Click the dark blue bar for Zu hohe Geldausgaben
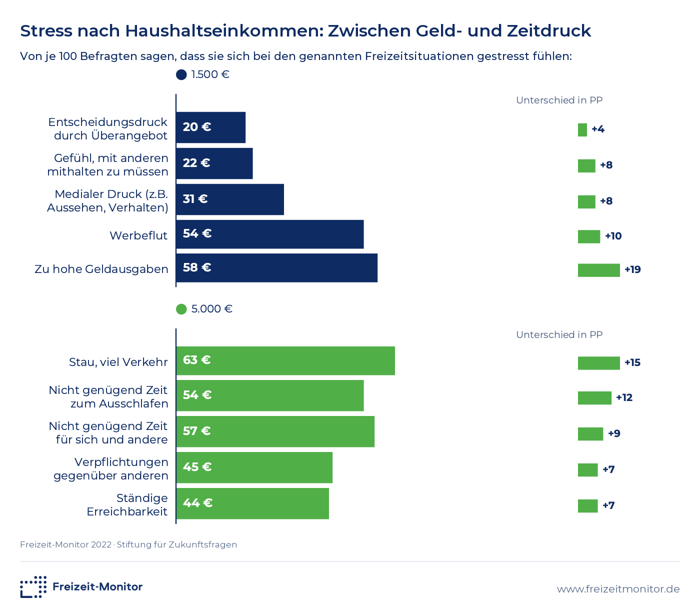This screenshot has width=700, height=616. pyautogui.click(x=276, y=268)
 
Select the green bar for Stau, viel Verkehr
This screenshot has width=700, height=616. pyautogui.click(x=285, y=360)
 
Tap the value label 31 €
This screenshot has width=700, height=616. pyautogui.click(x=195, y=199)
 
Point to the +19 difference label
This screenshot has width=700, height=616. pyautogui.click(x=632, y=269)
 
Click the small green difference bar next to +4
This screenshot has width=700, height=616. pyautogui.click(x=582, y=130)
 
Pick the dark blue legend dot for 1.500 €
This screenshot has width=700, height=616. pyautogui.click(x=181, y=74)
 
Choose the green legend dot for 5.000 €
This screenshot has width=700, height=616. pyautogui.click(x=181, y=309)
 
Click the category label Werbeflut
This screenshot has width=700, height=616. pyautogui.click(x=138, y=235)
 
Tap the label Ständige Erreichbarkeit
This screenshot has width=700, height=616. pyautogui.click(x=127, y=505)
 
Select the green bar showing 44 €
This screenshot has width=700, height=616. pyautogui.click(x=252, y=503)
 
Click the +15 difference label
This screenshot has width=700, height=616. pyautogui.click(x=632, y=363)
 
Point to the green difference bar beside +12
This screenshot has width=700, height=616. pyautogui.click(x=594, y=398)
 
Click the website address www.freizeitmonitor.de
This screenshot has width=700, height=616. pyautogui.click(x=618, y=589)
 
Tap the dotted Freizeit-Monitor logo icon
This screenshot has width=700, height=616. pyautogui.click(x=33, y=586)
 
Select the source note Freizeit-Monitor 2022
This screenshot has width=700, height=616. pyautogui.click(x=65, y=545)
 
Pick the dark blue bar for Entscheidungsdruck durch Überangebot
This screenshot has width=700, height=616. pyautogui.click(x=211, y=127)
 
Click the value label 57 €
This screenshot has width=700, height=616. pyautogui.click(x=196, y=431)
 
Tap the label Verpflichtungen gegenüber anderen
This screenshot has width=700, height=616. pyautogui.click(x=111, y=469)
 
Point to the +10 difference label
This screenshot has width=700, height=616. pyautogui.click(x=613, y=236)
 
